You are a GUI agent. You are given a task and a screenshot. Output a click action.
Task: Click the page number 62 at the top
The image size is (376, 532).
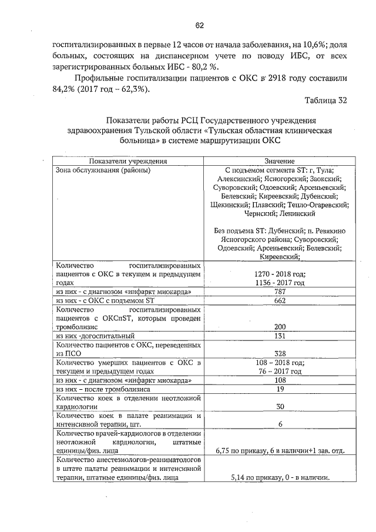199,25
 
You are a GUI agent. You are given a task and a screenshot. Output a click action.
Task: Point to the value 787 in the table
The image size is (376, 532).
280,292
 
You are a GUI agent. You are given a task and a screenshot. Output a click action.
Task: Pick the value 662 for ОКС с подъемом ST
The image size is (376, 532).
280,301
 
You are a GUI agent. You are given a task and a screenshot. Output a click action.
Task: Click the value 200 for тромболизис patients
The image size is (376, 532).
280,327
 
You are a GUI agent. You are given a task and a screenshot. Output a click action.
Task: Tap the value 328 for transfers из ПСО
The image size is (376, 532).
280,353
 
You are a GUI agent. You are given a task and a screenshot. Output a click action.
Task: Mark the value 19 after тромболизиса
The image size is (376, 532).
280,389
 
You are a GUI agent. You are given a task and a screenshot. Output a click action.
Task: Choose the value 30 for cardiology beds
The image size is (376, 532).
280,406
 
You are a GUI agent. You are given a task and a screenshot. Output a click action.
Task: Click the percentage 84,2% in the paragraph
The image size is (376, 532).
64,89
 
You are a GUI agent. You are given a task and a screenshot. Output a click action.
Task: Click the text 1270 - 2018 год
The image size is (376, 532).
280,275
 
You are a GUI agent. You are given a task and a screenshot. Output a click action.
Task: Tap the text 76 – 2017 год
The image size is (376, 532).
280,371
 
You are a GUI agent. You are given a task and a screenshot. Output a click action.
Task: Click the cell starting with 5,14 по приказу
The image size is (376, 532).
280,477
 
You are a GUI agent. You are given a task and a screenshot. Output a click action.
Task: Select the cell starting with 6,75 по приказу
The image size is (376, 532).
280,450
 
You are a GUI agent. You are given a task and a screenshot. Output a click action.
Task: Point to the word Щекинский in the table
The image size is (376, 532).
229,205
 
